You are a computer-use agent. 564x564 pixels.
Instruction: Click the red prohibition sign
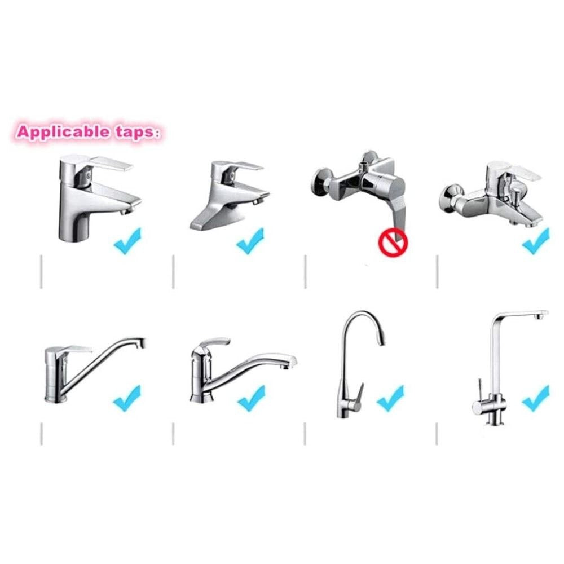[392, 243]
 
